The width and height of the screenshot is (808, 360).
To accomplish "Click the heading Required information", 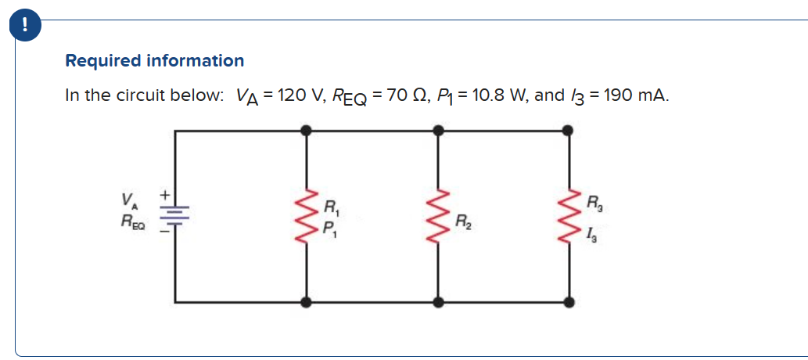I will pyautogui.click(x=154, y=60).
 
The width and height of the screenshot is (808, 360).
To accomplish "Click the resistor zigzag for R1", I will pyautogui.click(x=307, y=215).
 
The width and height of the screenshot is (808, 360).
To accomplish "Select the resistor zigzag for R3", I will pyautogui.click(x=569, y=215).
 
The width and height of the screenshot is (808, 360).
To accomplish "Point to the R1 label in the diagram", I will pyautogui.click(x=331, y=209).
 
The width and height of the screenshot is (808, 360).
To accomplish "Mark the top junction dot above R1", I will pyautogui.click(x=307, y=131).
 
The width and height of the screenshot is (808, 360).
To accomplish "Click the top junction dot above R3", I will pyautogui.click(x=569, y=131).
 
